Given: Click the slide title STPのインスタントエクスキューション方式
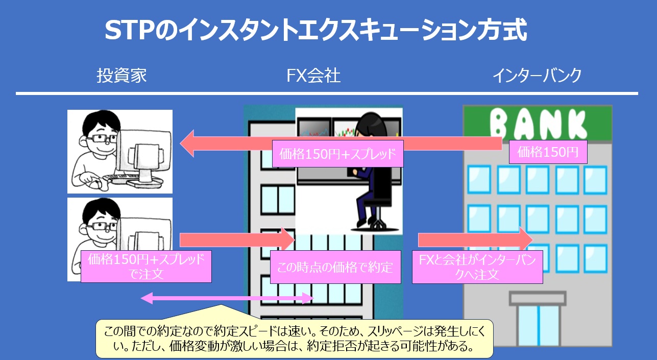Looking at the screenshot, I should click(x=315, y=31).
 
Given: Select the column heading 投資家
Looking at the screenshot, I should click(x=121, y=76).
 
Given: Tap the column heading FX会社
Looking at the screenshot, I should click(x=313, y=76).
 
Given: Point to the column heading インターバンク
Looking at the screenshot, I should click(x=537, y=76).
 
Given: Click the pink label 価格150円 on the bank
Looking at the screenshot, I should click(x=548, y=152).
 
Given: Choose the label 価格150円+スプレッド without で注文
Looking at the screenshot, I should click(x=337, y=154).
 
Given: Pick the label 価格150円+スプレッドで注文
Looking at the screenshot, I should click(x=146, y=266).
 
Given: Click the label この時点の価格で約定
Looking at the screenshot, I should click(x=335, y=267).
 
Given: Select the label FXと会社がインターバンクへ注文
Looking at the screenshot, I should click(x=477, y=267).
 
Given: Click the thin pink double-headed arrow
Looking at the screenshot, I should click(x=227, y=298).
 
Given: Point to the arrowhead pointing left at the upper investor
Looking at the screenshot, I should click(x=188, y=143).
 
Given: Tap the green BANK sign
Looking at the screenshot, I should click(x=537, y=123).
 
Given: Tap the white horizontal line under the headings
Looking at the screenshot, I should click(x=327, y=93).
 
